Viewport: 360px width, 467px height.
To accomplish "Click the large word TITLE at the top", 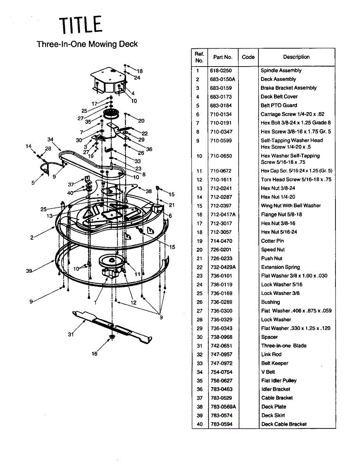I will [81, 25].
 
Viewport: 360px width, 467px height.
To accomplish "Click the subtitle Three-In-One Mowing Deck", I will [87, 44].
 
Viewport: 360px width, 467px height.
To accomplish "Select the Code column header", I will [248, 57].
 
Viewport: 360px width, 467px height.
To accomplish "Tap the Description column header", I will [296, 57].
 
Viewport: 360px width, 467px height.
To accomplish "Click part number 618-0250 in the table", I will [221, 70].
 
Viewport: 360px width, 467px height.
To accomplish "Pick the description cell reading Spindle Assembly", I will [281, 70].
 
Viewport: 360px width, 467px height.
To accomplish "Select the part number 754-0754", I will [221, 372].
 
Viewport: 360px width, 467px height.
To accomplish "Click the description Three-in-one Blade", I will [284, 346].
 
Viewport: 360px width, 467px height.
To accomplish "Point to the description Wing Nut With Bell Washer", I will [291, 205].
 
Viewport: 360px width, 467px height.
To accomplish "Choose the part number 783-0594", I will [221, 424].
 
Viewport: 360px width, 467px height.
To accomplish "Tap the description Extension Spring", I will [280, 267].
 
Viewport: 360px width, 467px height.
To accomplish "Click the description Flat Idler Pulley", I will [279, 381].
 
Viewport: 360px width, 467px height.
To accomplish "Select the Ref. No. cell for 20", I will [200, 249].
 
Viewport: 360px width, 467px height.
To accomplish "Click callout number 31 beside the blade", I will [70, 334].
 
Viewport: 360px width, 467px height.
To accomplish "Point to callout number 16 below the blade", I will [95, 354].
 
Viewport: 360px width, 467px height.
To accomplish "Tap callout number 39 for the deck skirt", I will [29, 271].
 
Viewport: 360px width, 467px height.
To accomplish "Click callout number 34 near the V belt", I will [51, 139].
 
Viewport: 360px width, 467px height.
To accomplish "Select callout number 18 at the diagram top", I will [140, 71].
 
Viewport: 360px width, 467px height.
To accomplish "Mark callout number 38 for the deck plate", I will [149, 191].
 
